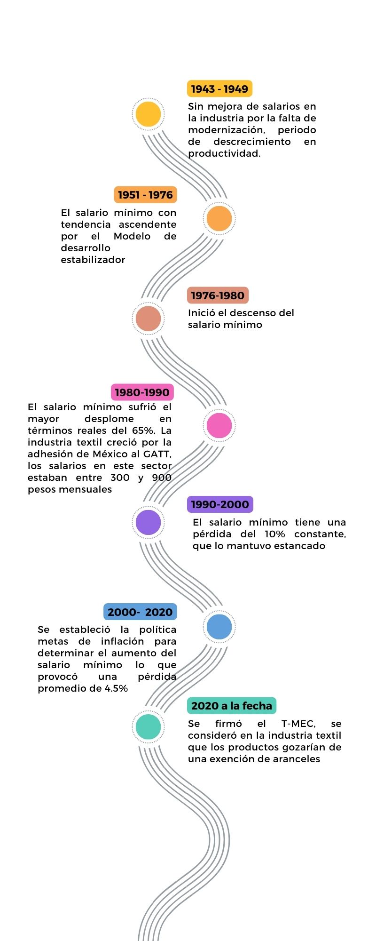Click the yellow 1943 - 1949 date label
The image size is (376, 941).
[x=219, y=89]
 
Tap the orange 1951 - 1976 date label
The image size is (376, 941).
[x=145, y=195]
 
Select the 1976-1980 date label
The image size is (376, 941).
[x=218, y=295]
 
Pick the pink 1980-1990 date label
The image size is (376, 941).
[x=142, y=392]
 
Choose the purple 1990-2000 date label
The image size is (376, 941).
[x=220, y=504]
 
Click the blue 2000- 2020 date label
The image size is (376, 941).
[x=140, y=612]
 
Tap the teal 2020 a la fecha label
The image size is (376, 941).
[x=232, y=706]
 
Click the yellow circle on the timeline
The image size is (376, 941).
[x=148, y=114]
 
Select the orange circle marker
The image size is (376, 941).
[x=219, y=218]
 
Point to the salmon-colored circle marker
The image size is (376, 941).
[x=148, y=319]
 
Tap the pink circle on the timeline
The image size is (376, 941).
[x=219, y=425]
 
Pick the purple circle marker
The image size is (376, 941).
[x=148, y=522]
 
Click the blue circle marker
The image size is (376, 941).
[x=219, y=627]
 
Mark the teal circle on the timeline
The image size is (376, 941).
[x=148, y=726]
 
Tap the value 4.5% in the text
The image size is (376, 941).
[x=116, y=688]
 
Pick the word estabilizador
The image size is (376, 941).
[x=93, y=260]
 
